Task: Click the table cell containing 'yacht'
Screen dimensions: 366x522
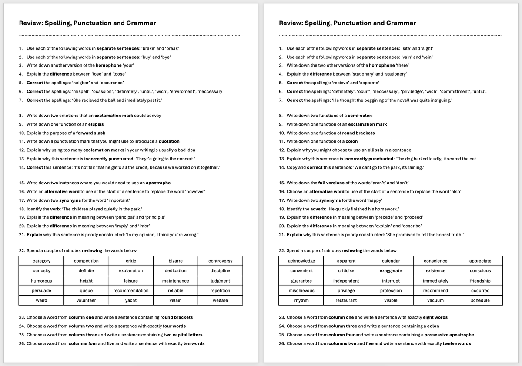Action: pyautogui.click(x=131, y=300)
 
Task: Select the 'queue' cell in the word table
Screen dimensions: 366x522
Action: pyautogui.click(x=86, y=290)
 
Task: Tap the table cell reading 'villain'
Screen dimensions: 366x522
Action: pyautogui.click(x=175, y=300)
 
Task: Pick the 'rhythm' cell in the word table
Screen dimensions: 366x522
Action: pyautogui.click(x=301, y=300)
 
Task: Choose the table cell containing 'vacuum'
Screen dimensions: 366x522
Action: pyautogui.click(x=435, y=300)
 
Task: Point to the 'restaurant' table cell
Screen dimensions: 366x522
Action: pyautogui.click(x=346, y=300)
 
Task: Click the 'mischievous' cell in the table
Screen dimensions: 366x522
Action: pyautogui.click(x=301, y=290)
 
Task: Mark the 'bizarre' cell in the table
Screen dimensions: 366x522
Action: pyautogui.click(x=175, y=261)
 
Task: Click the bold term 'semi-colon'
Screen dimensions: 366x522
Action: pyautogui.click(x=360, y=116)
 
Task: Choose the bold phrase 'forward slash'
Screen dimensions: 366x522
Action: pyautogui.click(x=91, y=133)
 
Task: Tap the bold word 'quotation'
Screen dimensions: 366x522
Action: pyautogui.click(x=169, y=141)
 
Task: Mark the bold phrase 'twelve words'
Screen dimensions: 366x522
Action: pyautogui.click(x=457, y=343)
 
